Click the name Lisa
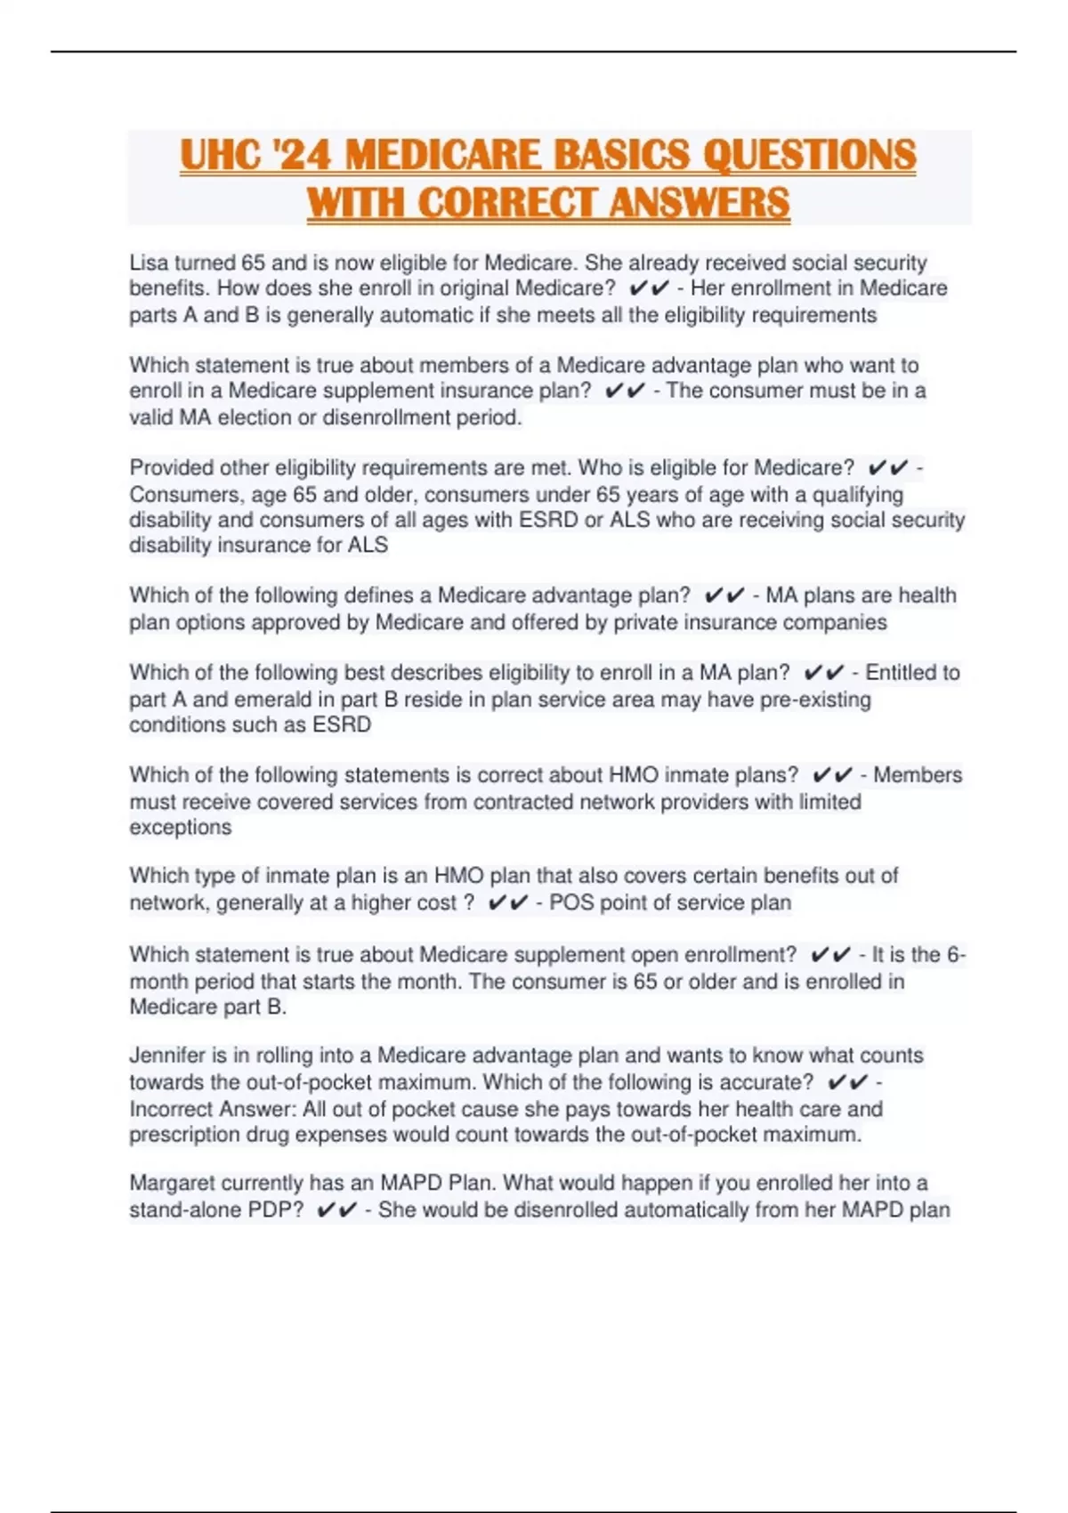click(149, 263)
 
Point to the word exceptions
click(181, 828)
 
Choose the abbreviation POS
click(570, 902)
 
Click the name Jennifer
click(167, 1056)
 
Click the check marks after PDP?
click(336, 1210)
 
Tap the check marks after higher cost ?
click(508, 902)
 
